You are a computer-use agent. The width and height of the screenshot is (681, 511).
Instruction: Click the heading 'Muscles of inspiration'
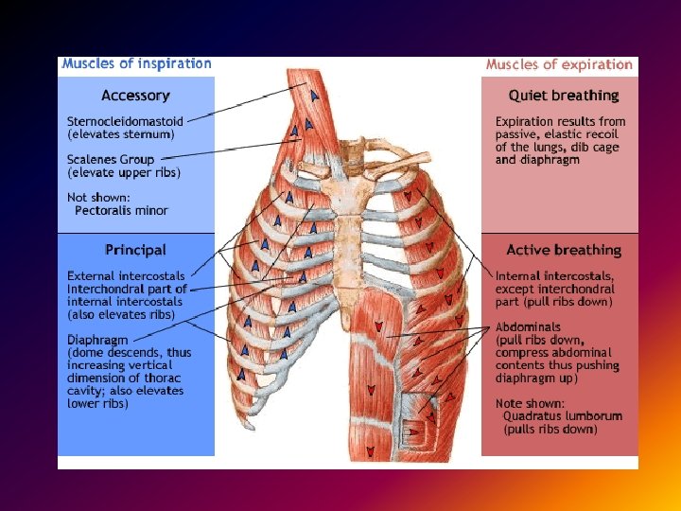(136, 64)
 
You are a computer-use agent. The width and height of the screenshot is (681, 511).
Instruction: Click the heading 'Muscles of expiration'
(559, 64)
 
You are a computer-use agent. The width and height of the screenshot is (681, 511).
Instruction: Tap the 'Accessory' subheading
(135, 96)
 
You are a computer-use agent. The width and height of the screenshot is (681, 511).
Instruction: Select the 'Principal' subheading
(135, 250)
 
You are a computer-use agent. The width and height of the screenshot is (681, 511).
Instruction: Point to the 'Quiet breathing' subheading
(563, 96)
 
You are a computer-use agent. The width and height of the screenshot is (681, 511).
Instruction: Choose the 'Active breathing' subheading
(563, 250)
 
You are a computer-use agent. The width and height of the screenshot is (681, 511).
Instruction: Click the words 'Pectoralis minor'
(121, 210)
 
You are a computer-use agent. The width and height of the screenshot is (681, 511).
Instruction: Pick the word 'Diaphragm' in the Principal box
(98, 339)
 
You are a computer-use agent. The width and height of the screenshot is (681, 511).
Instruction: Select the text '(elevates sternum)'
(120, 134)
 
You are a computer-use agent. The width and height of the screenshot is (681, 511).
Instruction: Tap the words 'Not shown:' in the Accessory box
(97, 197)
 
